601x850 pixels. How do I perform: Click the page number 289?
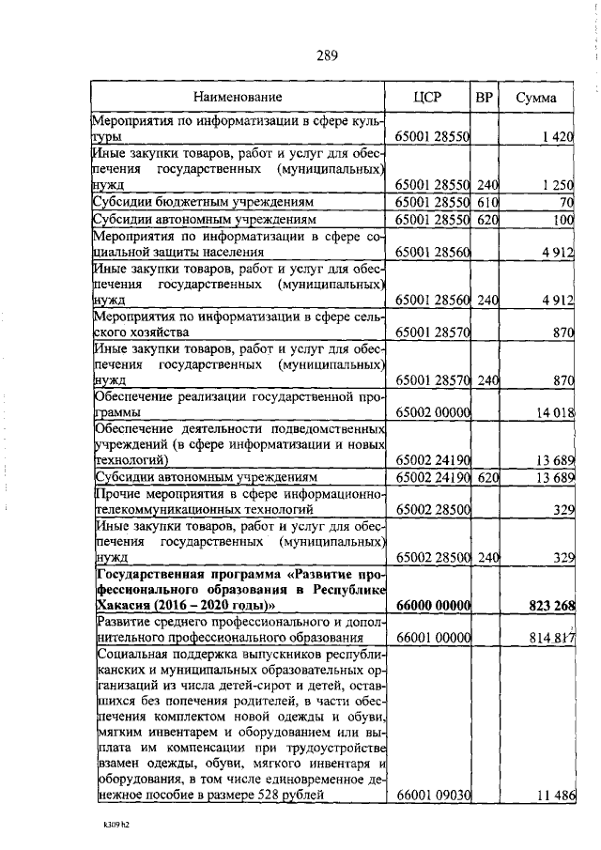(327, 54)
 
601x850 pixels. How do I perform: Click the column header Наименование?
(238, 98)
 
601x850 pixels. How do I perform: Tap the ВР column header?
(484, 98)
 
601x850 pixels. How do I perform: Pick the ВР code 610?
(485, 202)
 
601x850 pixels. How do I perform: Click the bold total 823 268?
(549, 605)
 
